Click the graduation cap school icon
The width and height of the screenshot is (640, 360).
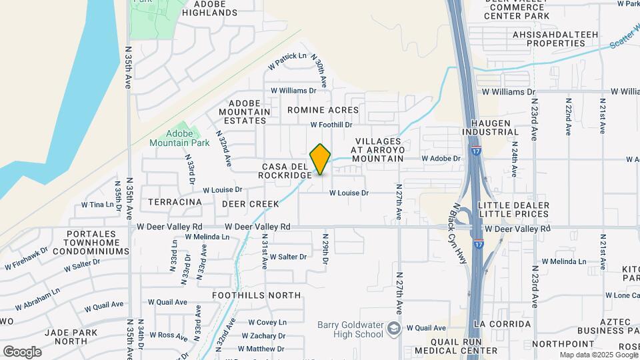394,327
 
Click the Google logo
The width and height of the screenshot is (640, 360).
22,351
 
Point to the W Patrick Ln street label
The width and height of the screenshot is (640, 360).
287,61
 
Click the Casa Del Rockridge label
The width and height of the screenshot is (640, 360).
285,171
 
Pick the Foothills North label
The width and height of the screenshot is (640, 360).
256,295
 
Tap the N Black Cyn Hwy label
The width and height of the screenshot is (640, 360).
461,226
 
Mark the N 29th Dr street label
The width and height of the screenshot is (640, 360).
326,249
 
